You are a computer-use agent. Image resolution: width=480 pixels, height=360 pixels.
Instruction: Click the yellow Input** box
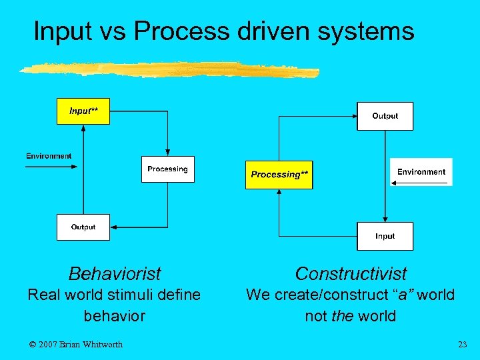[83, 111]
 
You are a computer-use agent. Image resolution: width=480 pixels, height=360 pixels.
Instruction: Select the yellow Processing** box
[279, 175]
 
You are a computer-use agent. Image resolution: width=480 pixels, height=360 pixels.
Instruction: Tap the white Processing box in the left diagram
[167, 169]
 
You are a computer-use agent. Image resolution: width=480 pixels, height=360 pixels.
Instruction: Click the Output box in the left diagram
[83, 227]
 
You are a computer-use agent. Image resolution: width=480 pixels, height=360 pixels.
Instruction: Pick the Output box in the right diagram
[385, 116]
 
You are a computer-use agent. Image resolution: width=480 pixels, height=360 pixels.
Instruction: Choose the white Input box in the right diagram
[385, 236]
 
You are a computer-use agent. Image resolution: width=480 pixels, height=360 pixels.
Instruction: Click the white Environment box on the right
[421, 172]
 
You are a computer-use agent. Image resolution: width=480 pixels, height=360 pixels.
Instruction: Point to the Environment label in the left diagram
[49, 156]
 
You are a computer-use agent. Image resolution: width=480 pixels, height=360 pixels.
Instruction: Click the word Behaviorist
[115, 273]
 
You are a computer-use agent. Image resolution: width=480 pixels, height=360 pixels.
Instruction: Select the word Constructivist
[351, 273]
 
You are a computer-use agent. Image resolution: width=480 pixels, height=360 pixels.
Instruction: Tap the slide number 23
[463, 344]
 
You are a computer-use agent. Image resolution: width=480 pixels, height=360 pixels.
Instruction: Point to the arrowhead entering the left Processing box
[167, 153]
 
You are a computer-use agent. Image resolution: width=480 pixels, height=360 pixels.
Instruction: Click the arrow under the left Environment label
[49, 167]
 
